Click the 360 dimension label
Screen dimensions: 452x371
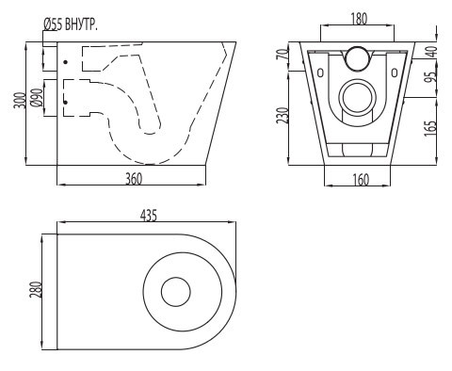pos(134,179)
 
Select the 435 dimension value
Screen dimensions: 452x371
pos(149,216)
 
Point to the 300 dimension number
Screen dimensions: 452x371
pos(19,100)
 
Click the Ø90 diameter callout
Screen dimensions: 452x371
pos(37,98)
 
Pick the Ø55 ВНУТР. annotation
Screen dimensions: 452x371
pos(71,24)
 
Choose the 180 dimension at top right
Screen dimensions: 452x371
pos(359,19)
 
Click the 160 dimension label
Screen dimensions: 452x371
pos(361,180)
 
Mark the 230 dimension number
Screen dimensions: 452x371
pos(282,115)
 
